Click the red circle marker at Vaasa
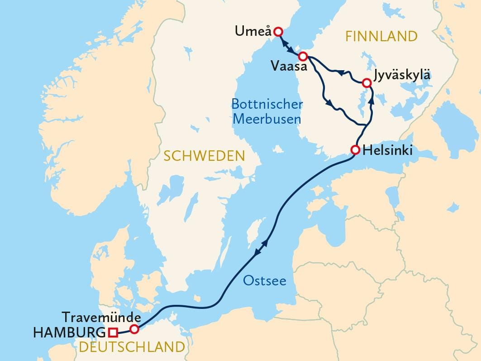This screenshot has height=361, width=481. (x=303, y=56)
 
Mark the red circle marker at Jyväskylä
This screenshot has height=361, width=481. (x=367, y=83)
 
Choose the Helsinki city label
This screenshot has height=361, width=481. (x=387, y=150)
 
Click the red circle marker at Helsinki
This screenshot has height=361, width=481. (x=355, y=150)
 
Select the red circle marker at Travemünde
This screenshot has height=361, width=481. (x=134, y=329)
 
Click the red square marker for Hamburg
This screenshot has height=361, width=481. (x=113, y=333)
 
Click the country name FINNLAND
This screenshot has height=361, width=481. (x=381, y=36)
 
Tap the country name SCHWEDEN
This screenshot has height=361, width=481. (x=204, y=156)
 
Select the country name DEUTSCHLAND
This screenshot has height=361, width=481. (x=132, y=347)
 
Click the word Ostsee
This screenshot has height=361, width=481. (x=265, y=281)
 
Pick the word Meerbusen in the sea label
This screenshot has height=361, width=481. (x=266, y=120)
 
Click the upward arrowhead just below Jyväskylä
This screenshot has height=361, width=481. (x=371, y=100)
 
